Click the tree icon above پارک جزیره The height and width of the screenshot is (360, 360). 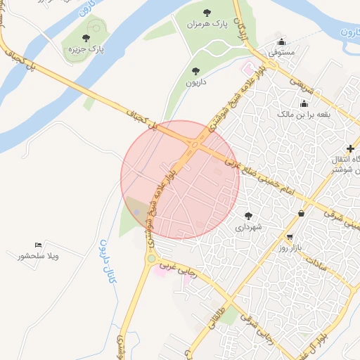click(86, 38)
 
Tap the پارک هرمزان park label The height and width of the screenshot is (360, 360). click(208, 24)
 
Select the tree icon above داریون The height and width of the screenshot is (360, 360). click(195, 70)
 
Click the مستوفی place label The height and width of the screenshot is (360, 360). click(282, 52)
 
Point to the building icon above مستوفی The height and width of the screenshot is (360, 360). click(282, 41)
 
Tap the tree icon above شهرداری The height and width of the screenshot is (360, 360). click(247, 215)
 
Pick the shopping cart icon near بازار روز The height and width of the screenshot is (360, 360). click(290, 237)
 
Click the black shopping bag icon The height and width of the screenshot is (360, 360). click(302, 213)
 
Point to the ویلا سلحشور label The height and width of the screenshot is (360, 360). click(39, 256)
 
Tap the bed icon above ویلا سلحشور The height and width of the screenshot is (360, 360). click(38, 245)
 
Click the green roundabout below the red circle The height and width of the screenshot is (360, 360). click(151, 259)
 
